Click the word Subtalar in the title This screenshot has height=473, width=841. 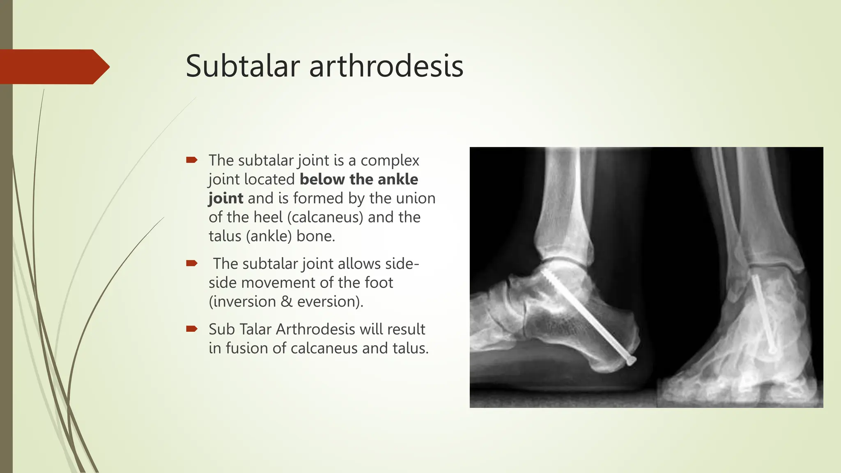243,66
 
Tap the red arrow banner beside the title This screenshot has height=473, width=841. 53,67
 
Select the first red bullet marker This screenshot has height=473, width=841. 192,160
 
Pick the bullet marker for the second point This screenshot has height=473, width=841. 192,263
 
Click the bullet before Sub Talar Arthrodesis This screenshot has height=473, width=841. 192,328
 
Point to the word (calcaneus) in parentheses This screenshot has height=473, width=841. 325,217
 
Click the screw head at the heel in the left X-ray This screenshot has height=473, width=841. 631,360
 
